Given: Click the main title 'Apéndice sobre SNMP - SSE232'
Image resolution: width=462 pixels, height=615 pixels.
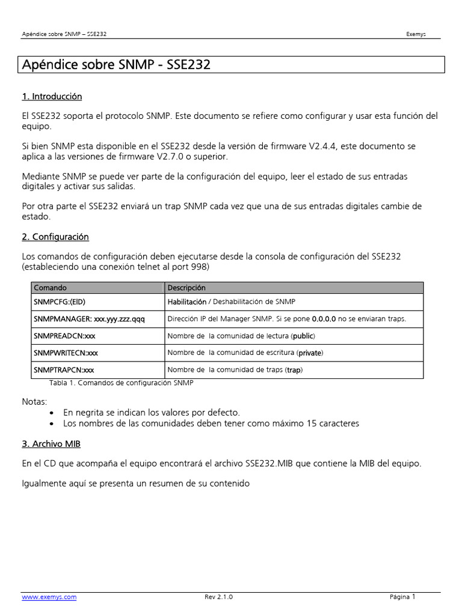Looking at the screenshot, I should (116, 65).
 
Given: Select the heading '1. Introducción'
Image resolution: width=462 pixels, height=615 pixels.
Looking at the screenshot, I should (52, 97).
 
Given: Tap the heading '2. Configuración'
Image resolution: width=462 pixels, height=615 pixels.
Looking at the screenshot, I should (55, 237).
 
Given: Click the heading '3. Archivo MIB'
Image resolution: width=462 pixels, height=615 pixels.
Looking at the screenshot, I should (51, 444).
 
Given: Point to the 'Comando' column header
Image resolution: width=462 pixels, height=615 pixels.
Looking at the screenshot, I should (50, 288).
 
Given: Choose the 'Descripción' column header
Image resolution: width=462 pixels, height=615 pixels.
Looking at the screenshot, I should (186, 288).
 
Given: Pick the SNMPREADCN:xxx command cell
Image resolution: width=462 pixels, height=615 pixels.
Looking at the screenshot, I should (64, 336).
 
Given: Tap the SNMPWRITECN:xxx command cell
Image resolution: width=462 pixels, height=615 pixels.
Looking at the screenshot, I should (66, 353).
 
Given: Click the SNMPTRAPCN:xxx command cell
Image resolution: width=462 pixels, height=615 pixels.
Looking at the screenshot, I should (64, 370).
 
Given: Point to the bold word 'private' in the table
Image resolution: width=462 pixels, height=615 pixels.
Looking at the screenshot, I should (310, 353).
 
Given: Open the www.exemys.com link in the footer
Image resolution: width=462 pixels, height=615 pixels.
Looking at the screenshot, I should (49, 597).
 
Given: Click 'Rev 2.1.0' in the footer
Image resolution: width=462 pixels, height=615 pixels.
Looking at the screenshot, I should (218, 597).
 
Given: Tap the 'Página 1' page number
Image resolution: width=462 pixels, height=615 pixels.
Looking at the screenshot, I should (402, 597).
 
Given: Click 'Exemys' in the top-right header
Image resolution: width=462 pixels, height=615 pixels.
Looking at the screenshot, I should (416, 34).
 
